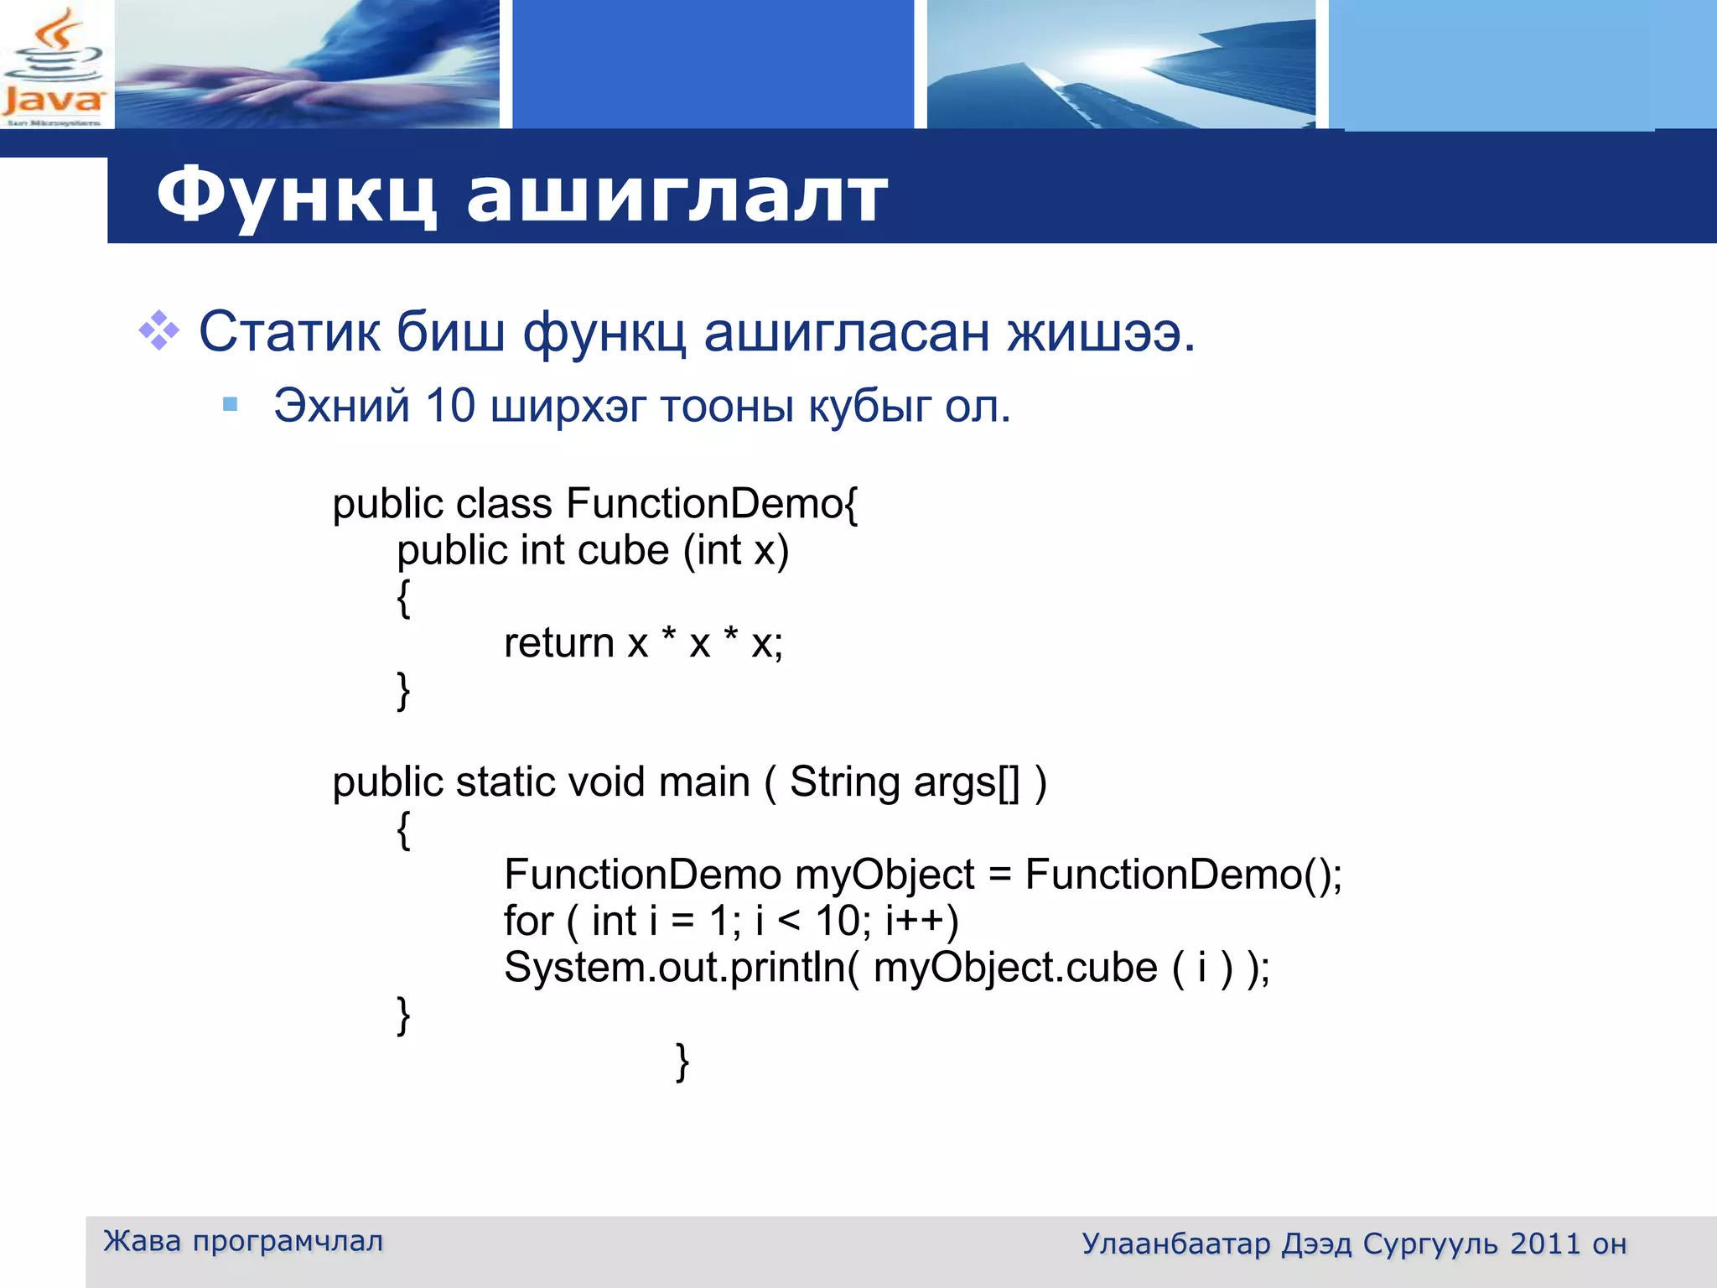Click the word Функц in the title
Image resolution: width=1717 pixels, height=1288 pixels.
[x=296, y=195]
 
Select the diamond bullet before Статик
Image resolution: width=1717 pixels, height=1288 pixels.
[x=158, y=330]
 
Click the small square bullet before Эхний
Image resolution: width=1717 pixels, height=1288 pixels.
[x=231, y=406]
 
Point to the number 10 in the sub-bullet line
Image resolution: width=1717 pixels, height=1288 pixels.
[x=449, y=406]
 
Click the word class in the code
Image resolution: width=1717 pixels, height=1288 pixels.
[x=504, y=504]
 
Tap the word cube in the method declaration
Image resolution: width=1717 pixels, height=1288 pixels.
[x=623, y=551]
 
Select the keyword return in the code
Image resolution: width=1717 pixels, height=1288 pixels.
[x=559, y=643]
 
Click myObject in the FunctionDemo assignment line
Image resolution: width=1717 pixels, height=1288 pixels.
[x=884, y=875]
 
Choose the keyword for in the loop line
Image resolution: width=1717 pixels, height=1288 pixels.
[x=528, y=921]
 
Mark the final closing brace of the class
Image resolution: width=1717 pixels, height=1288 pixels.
[x=682, y=1062]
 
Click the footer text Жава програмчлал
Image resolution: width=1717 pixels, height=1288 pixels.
[x=243, y=1241]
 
